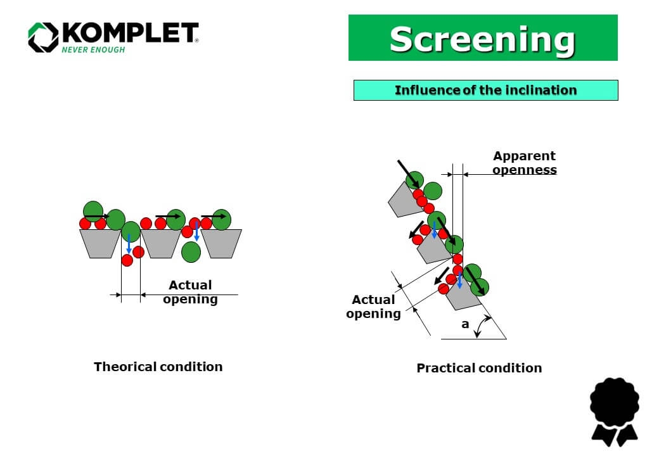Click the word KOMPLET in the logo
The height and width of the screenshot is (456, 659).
pos(130,34)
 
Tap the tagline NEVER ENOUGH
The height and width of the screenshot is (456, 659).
pos(93,50)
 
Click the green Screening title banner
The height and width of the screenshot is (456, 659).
pos(483,38)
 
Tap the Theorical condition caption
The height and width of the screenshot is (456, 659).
pos(158,367)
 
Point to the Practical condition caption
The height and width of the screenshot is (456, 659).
pos(479,368)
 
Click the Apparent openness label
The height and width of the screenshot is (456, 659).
pos(525,163)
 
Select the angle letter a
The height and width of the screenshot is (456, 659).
pos(465,324)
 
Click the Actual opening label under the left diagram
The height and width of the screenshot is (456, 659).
pos(190,292)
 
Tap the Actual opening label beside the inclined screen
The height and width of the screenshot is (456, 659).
pos(373,307)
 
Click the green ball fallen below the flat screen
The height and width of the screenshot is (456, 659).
pos(191,251)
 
